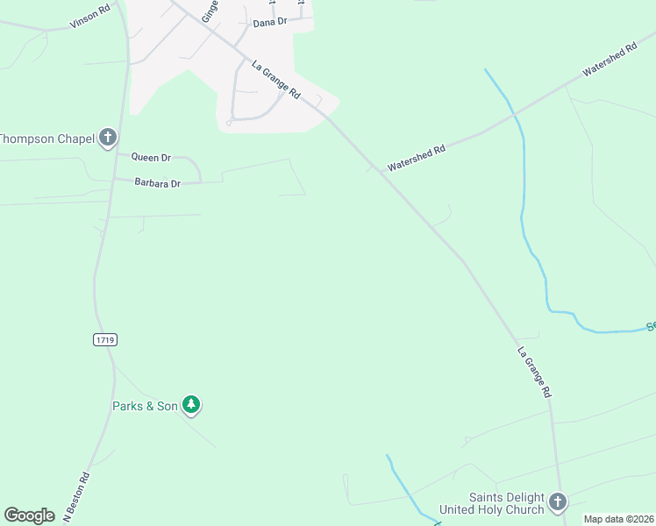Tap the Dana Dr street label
[270, 23]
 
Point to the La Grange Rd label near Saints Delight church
[534, 373]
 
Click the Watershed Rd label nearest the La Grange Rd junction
[417, 157]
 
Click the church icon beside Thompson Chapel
[108, 137]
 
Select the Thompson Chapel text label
[46, 138]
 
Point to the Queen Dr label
[151, 158]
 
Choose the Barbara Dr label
[157, 183]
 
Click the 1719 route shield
[103, 338]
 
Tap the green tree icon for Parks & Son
[192, 404]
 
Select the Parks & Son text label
[145, 406]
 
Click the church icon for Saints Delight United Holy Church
[559, 502]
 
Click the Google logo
[29, 515]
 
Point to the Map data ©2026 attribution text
[618, 519]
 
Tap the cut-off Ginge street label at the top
[209, 10]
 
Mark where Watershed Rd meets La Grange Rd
[378, 169]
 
